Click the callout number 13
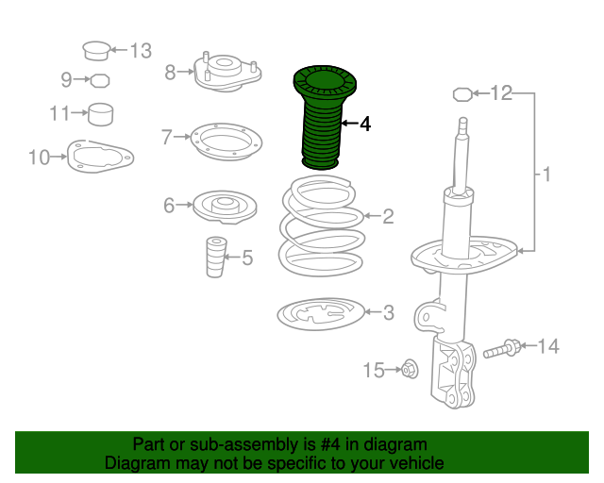[140, 50]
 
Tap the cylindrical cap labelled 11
[100, 114]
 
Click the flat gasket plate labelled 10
[98, 156]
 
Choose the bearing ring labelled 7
[223, 142]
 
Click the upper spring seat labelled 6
[225, 206]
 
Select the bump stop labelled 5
[216, 257]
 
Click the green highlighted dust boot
[318, 118]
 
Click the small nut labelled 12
[462, 93]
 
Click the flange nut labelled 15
[410, 370]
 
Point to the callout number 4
[365, 124]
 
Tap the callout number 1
[545, 174]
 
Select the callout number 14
[548, 347]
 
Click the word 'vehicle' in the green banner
[411, 463]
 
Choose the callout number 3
[389, 312]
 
